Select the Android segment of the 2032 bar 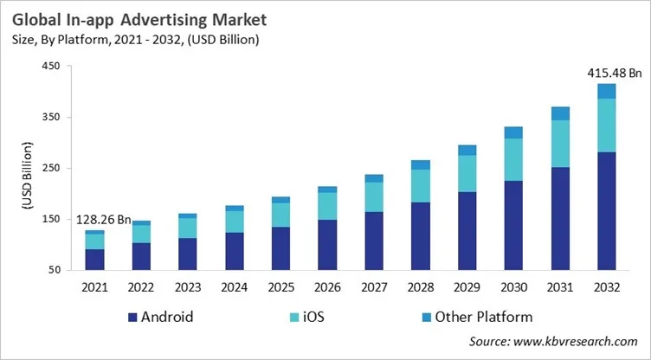click(607, 211)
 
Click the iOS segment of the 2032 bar click(607, 125)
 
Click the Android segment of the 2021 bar click(94, 260)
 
